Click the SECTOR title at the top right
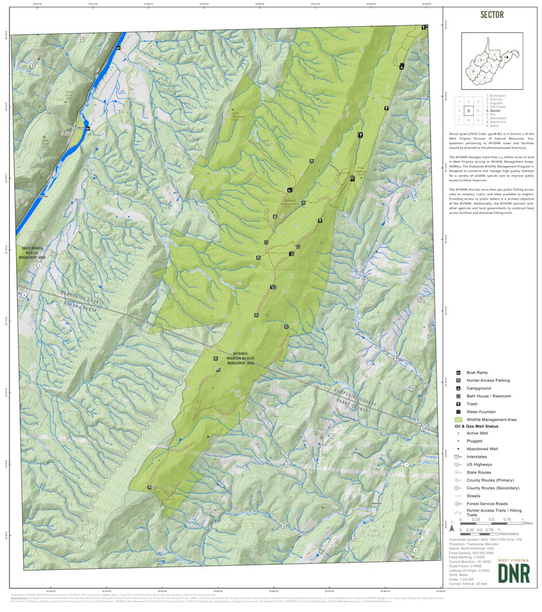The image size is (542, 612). [x=492, y=15]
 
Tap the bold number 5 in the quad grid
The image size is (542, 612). [x=469, y=111]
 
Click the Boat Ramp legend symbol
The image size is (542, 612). [x=459, y=373]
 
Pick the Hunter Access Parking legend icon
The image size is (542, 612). [x=459, y=381]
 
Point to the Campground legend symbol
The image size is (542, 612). [x=459, y=389]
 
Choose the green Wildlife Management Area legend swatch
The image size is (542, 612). [x=459, y=420]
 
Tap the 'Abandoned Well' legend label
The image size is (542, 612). [x=482, y=448]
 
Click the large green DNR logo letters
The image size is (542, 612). [x=513, y=573]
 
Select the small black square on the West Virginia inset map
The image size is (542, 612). [x=505, y=57]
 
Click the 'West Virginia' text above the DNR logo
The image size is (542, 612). [x=513, y=559]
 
